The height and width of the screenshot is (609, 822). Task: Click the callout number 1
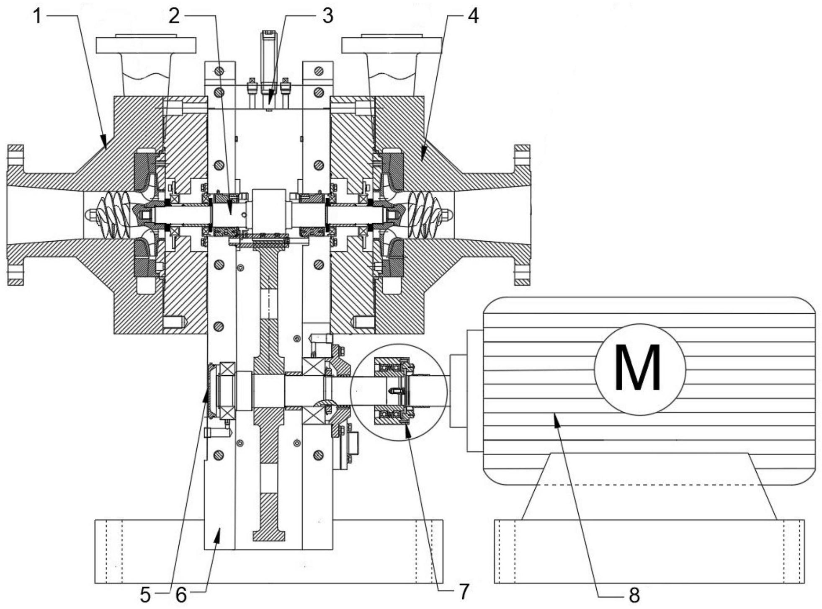tap(38, 17)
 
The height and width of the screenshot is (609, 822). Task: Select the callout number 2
tap(174, 17)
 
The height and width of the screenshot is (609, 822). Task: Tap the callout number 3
tap(327, 17)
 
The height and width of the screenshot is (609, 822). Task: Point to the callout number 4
tap(473, 17)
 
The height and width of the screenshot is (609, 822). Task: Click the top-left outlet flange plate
tap(146, 45)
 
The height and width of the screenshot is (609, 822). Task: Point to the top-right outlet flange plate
tap(392, 45)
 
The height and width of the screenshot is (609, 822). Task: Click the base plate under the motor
tap(649, 551)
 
